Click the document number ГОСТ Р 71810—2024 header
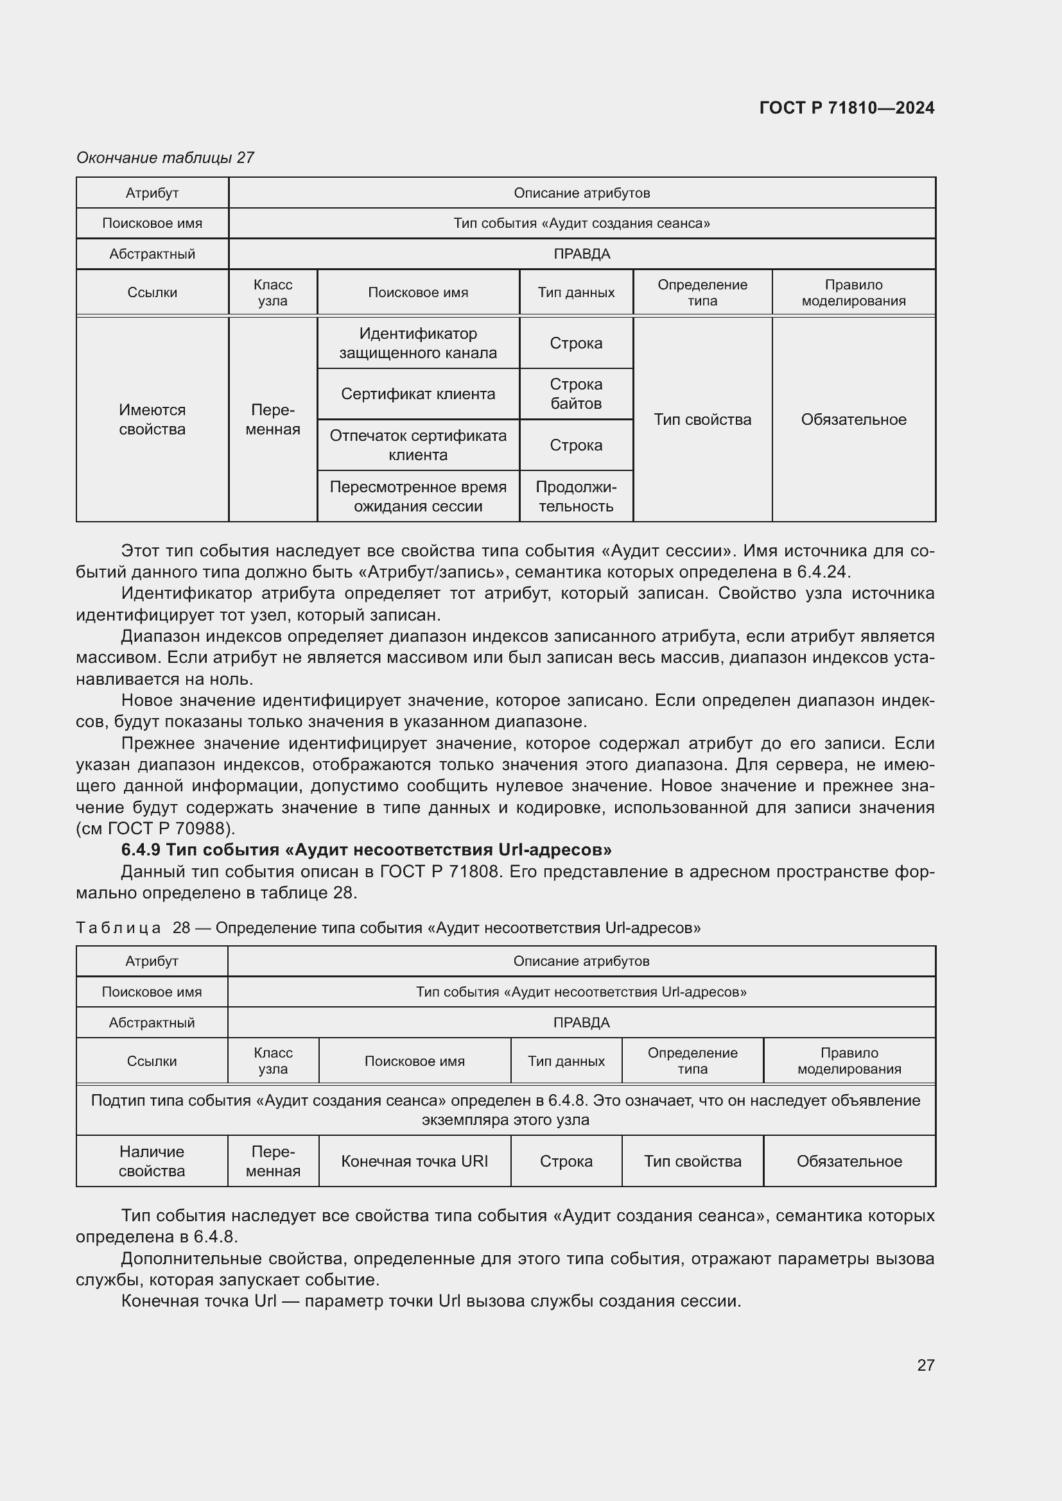pyautogui.click(x=846, y=108)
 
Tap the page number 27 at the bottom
pyautogui.click(x=925, y=1364)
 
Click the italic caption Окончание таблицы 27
pyautogui.click(x=165, y=158)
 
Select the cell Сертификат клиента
pyautogui.click(x=418, y=394)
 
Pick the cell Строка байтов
pyautogui.click(x=575, y=393)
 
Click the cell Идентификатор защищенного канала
pyautogui.click(x=418, y=343)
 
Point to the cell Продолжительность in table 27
pyautogui.click(x=575, y=496)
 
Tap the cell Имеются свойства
pyautogui.click(x=152, y=419)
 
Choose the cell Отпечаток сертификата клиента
pyautogui.click(x=418, y=445)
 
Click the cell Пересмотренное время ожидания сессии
pyautogui.click(x=418, y=496)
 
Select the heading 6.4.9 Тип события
pyautogui.click(x=366, y=850)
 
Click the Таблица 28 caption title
pyautogui.click(x=388, y=928)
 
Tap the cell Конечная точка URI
pyautogui.click(x=414, y=1161)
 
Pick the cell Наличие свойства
pyautogui.click(x=152, y=1161)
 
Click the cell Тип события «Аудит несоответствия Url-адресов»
pyautogui.click(x=580, y=991)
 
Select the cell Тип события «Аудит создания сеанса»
pyautogui.click(x=581, y=223)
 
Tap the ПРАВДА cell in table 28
pyautogui.click(x=580, y=1022)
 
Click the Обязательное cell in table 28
pyautogui.click(x=849, y=1161)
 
